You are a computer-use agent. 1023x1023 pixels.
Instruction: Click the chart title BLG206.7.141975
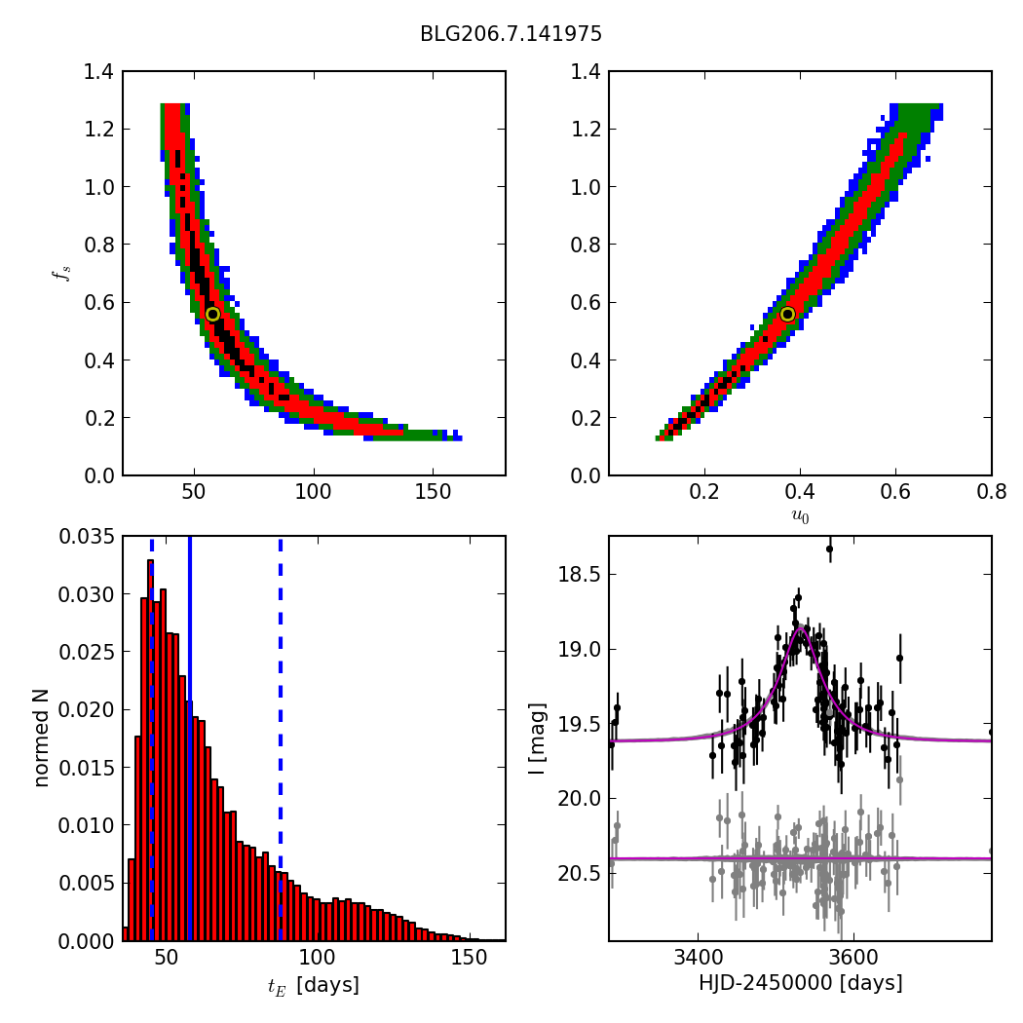tap(511, 34)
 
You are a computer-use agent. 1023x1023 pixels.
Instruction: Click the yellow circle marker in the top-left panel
tap(212, 314)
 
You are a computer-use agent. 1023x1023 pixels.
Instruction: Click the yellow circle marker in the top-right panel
tap(787, 314)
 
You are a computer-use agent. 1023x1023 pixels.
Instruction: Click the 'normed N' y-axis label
tap(41, 738)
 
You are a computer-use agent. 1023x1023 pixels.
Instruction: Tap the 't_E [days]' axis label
tap(313, 986)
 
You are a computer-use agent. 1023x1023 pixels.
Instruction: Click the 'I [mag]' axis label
tap(537, 738)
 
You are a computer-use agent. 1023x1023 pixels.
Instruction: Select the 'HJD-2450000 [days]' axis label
tap(800, 983)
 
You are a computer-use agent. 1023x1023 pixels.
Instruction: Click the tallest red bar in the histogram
tap(150, 750)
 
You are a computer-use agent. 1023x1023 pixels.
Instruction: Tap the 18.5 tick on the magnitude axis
tap(581, 574)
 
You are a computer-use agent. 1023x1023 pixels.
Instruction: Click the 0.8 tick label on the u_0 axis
tap(991, 493)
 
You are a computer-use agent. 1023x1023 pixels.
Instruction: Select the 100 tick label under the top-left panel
tap(313, 493)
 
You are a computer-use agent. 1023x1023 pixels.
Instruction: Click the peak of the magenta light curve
tap(801, 628)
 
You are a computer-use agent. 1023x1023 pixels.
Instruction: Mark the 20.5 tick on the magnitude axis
tap(581, 873)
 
